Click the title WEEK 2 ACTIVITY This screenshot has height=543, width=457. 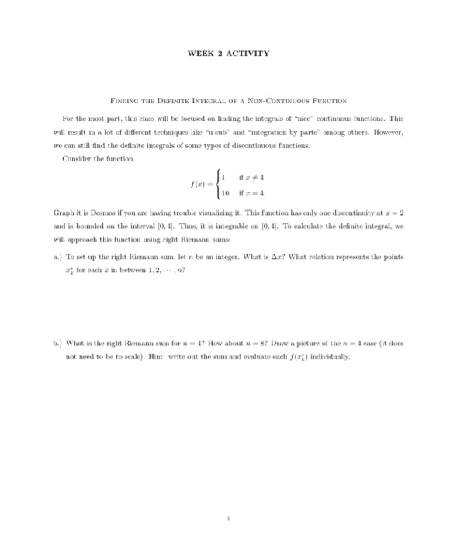228,54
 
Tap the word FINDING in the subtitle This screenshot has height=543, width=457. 126,101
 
